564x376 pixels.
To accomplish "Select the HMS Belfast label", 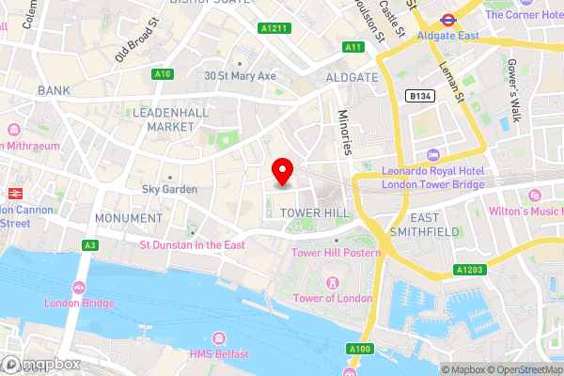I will point(218,352).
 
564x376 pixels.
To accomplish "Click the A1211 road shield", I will point(274,29).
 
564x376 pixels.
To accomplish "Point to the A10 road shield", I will point(163,73).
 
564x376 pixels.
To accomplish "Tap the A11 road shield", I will point(353,47).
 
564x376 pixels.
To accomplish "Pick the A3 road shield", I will point(89,245).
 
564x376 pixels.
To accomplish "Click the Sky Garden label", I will point(169,189).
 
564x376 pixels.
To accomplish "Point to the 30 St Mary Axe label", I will point(240,76).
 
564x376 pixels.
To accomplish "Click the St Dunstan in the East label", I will point(193,244).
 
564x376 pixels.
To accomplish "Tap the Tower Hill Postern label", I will point(335,253).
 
